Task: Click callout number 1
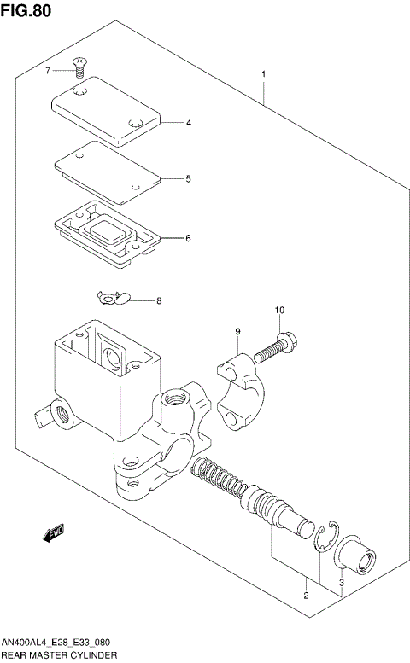pyautogui.click(x=264, y=74)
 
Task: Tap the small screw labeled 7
pyautogui.click(x=80, y=65)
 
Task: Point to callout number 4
pyautogui.click(x=189, y=123)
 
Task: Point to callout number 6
pyautogui.click(x=189, y=238)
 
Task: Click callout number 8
pyautogui.click(x=158, y=301)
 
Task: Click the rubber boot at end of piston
pyautogui.click(x=354, y=559)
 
